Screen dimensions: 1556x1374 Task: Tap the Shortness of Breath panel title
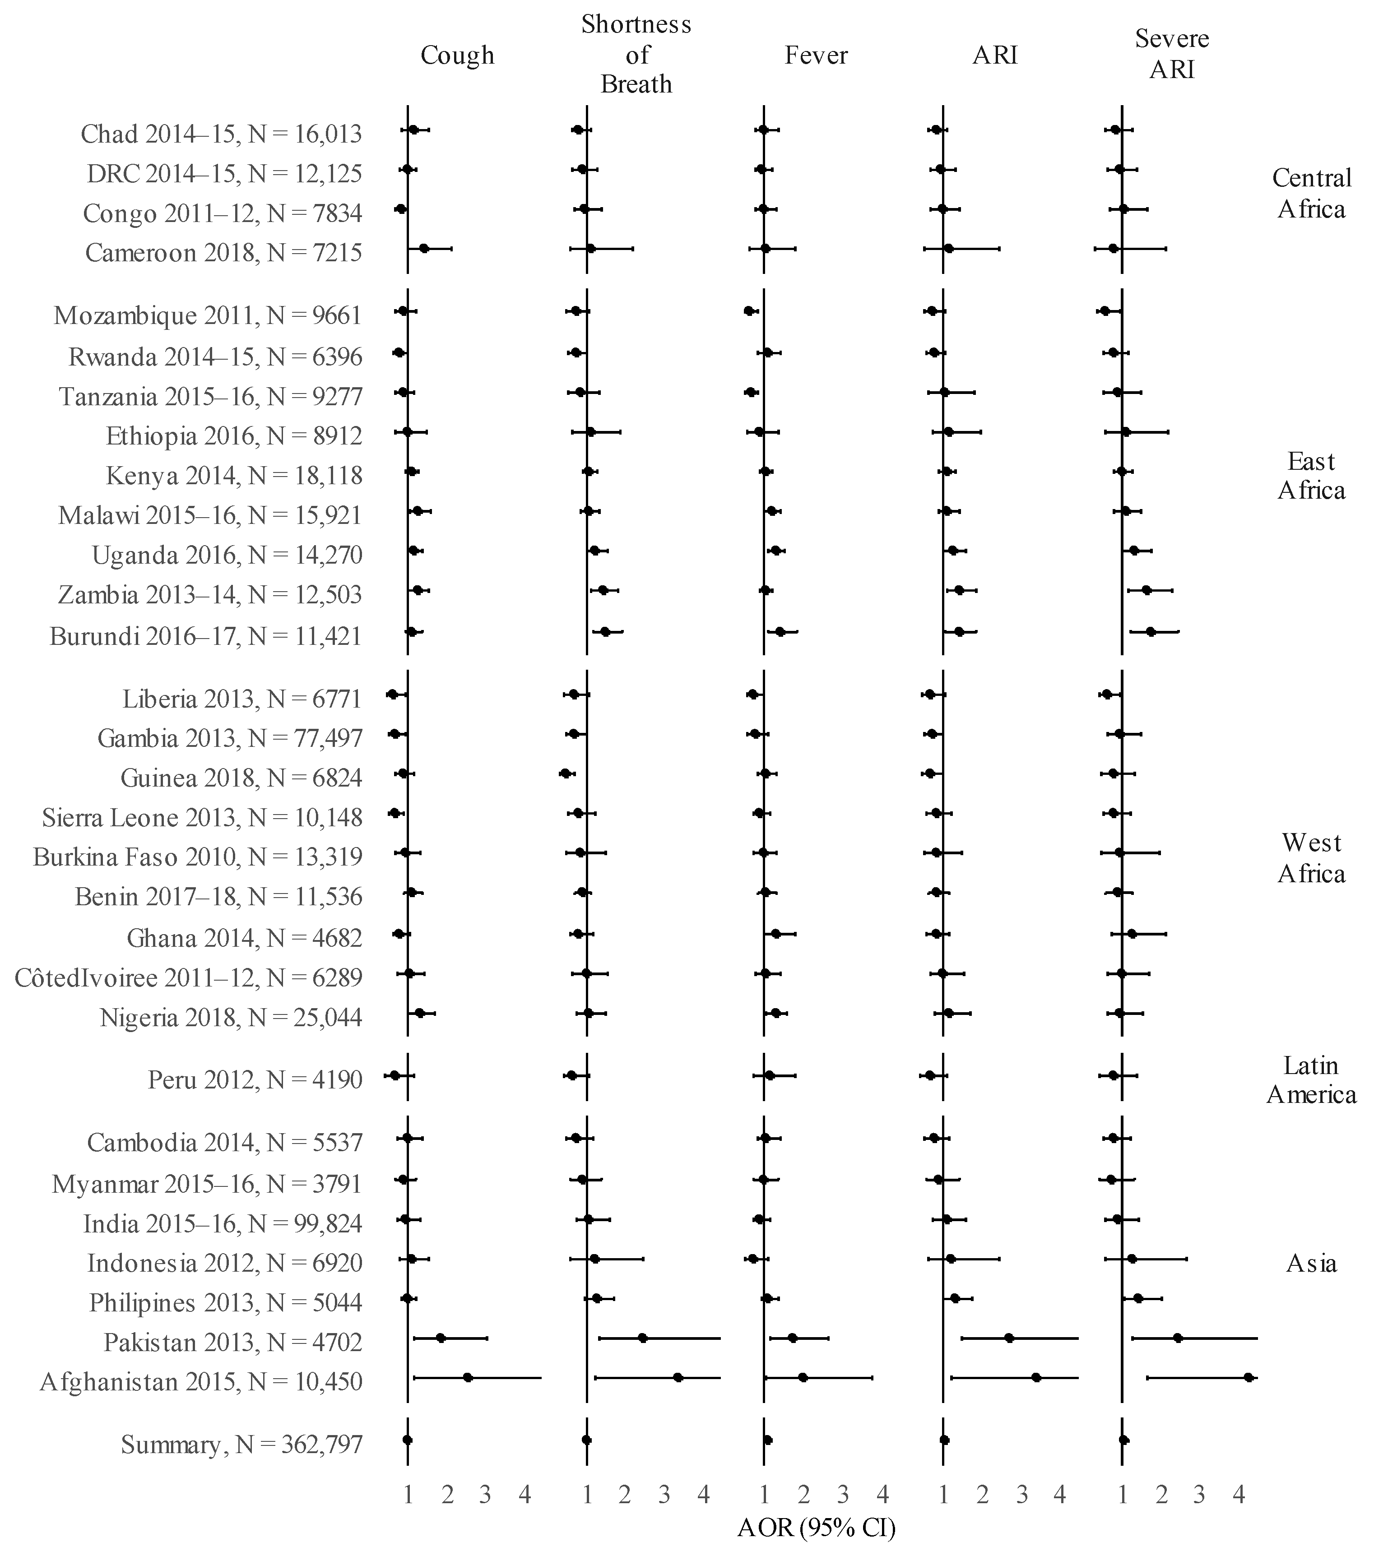pos(636,55)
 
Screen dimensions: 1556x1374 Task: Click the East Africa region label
pos(1311,476)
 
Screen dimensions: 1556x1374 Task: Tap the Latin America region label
pos(1311,1079)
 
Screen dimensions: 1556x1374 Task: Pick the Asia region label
pos(1311,1264)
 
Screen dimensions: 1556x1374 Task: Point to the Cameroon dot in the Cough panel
pos(424,248)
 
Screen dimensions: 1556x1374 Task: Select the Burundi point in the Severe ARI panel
pos(1150,631)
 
